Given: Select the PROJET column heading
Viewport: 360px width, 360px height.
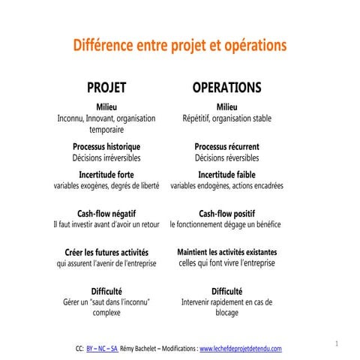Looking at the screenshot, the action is point(106,88).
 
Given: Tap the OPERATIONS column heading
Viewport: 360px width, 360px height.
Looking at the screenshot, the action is point(226,88).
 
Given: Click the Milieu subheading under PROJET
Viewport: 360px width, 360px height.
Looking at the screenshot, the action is point(106,106).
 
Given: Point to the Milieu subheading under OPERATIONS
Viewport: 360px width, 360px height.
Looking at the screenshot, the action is point(226,106).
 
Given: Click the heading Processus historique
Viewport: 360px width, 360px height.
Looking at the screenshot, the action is point(106,146).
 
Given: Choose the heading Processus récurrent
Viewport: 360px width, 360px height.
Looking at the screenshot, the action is point(226,146).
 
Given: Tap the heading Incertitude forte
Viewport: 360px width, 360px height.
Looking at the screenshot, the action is point(106,174).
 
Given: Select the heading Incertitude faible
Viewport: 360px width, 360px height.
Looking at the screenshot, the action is point(226,174).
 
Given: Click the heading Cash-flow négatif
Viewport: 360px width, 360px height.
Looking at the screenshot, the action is point(106,213).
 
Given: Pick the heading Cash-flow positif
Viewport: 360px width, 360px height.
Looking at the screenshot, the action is point(226,213).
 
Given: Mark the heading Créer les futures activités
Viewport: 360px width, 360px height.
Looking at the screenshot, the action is point(106,252).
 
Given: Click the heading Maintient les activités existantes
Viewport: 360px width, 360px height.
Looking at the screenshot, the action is point(226,252).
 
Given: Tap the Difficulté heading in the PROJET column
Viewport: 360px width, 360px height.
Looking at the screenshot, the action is point(106,290).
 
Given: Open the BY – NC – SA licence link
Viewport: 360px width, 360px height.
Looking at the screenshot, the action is point(102,348).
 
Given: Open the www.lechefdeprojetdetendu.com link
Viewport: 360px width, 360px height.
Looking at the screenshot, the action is point(240,348).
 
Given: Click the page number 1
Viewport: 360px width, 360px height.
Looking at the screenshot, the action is point(338,343).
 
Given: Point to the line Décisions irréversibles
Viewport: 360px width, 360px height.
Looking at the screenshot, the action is point(106,158).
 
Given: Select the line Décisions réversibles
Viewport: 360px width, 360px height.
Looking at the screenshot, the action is point(226,158).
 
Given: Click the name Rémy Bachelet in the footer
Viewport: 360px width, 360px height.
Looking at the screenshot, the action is point(139,348).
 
